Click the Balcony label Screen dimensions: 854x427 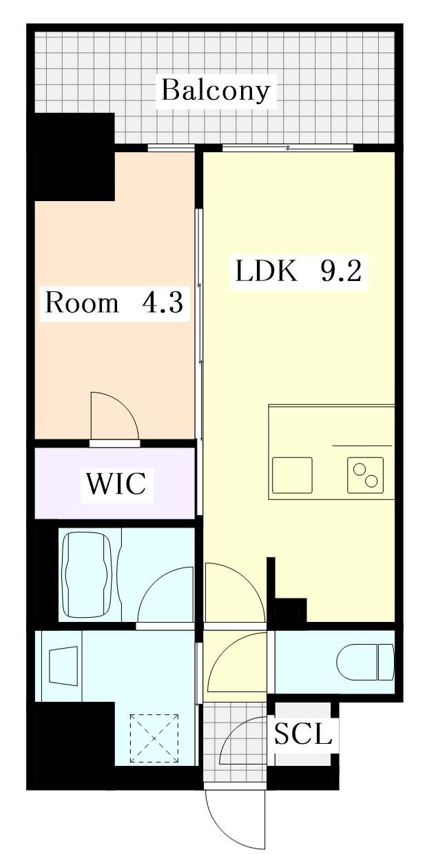tap(216, 90)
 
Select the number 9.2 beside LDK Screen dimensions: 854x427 tap(340, 272)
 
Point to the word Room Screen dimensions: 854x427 tap(81, 302)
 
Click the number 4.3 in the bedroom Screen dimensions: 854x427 tap(163, 302)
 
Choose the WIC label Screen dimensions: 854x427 tap(116, 483)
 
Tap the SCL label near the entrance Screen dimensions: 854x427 tap(303, 734)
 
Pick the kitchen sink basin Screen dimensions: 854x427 tap(292, 475)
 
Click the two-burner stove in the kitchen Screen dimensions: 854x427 tap(365, 475)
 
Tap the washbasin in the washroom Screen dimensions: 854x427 tap(63, 665)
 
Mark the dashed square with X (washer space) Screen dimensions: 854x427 tap(154, 738)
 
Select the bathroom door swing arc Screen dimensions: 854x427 tap(165, 596)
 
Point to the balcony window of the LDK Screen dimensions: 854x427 tap(287, 147)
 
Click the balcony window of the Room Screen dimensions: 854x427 tap(171, 147)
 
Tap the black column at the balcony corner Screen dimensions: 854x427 tap(74, 157)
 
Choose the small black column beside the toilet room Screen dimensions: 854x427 tap(291, 610)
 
